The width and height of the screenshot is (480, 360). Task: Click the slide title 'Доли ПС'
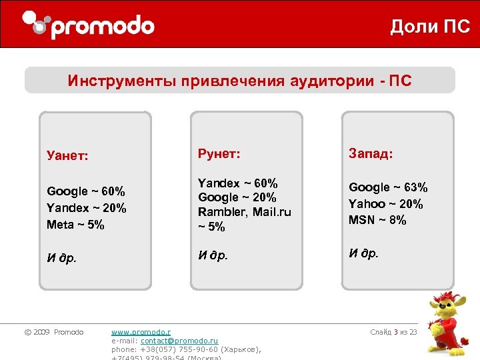pos(430,27)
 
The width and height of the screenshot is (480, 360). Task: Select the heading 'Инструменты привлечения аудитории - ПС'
pos(239,81)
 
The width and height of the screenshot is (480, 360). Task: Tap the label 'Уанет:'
pos(68,156)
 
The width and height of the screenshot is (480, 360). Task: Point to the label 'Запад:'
pos(371,153)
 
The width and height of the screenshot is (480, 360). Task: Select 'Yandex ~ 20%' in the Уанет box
pos(86,208)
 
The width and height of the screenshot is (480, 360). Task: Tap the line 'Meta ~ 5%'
pos(75,225)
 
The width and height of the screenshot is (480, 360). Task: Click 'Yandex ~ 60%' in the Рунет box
pos(238,183)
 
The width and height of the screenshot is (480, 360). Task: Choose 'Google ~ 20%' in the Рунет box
pos(237,197)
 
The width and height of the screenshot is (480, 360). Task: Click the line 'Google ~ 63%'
pos(388,187)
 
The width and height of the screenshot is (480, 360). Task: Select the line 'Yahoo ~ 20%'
pos(386,204)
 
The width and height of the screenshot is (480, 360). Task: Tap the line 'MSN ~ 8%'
pos(377,220)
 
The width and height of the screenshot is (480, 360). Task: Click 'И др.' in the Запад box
pos(363,253)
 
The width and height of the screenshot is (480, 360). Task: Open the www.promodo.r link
pos(141,332)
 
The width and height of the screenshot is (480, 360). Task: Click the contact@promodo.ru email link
pos(179,341)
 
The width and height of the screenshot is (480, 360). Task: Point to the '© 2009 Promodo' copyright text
pos(54,332)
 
